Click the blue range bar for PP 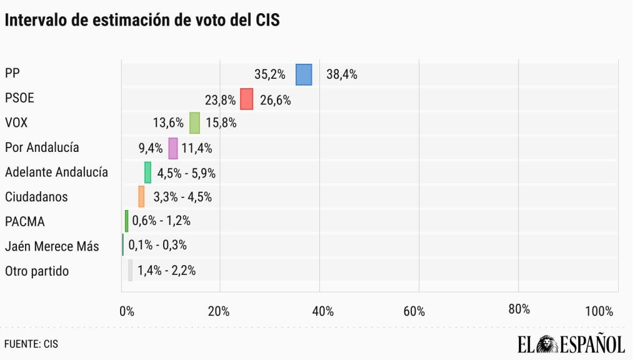(x=304, y=74)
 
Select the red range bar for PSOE (x=246, y=99)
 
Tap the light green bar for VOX (x=194, y=123)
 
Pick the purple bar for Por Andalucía (x=173, y=148)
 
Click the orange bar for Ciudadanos (x=141, y=197)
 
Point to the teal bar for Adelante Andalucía (x=147, y=172)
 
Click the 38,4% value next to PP (x=341, y=74)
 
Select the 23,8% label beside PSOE (x=220, y=99)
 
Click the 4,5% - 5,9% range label (x=186, y=172)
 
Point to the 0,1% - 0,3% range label (x=157, y=246)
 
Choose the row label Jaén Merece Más (x=52, y=246)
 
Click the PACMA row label (x=24, y=221)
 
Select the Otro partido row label (x=37, y=271)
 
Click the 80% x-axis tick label (x=519, y=310)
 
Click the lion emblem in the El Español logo (x=547, y=344)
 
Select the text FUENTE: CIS (x=31, y=344)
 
